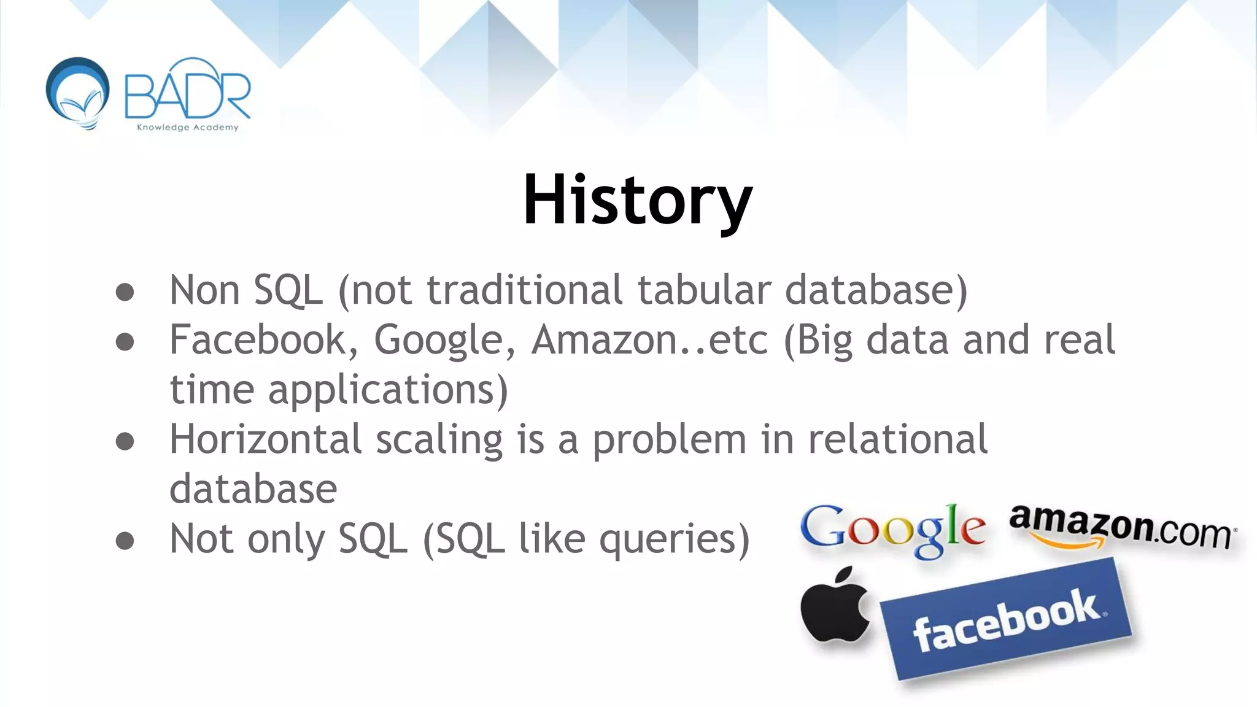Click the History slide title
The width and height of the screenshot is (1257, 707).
[637, 200]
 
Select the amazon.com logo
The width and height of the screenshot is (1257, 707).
[1122, 527]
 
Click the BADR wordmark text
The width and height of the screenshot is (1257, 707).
[187, 95]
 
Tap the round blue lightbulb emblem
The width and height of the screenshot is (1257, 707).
[78, 92]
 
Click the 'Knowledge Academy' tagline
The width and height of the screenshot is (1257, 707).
[187, 128]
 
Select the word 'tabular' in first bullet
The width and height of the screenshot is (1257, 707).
[703, 290]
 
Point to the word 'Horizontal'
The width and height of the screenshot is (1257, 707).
[266, 439]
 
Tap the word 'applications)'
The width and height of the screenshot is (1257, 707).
[388, 390]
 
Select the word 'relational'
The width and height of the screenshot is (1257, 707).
[897, 439]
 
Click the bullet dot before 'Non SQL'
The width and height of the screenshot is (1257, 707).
[125, 292]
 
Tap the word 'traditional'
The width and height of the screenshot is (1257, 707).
[525, 290]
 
